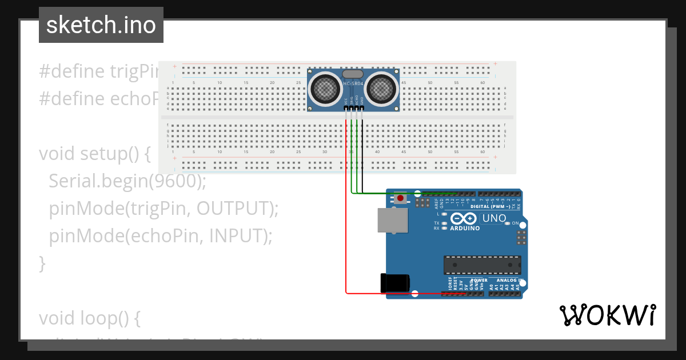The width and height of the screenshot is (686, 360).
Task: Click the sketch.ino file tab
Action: pyautogui.click(x=101, y=25)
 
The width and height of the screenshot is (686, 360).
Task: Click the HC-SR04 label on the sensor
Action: pyautogui.click(x=353, y=85)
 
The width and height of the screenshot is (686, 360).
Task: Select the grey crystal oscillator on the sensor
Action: pyautogui.click(x=353, y=74)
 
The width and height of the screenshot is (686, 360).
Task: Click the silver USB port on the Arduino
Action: pyautogui.click(x=393, y=220)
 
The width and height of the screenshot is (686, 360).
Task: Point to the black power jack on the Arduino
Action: pyautogui.click(x=394, y=284)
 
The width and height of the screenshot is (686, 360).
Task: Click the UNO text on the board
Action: pyautogui.click(x=494, y=218)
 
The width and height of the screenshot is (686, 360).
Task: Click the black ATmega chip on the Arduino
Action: pyautogui.click(x=482, y=265)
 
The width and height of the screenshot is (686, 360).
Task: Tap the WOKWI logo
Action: pyautogui.click(x=607, y=315)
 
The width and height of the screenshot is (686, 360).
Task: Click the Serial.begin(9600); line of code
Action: pyautogui.click(x=127, y=181)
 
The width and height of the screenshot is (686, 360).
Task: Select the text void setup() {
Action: pyautogui.click(x=94, y=154)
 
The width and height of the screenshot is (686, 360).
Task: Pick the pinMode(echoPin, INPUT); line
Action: pyautogui.click(x=161, y=236)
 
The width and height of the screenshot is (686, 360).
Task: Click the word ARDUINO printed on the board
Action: pyautogui.click(x=464, y=229)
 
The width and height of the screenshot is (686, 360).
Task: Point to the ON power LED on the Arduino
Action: pyautogui.click(x=507, y=223)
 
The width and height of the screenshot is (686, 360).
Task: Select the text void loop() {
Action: pyautogui.click(x=89, y=318)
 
